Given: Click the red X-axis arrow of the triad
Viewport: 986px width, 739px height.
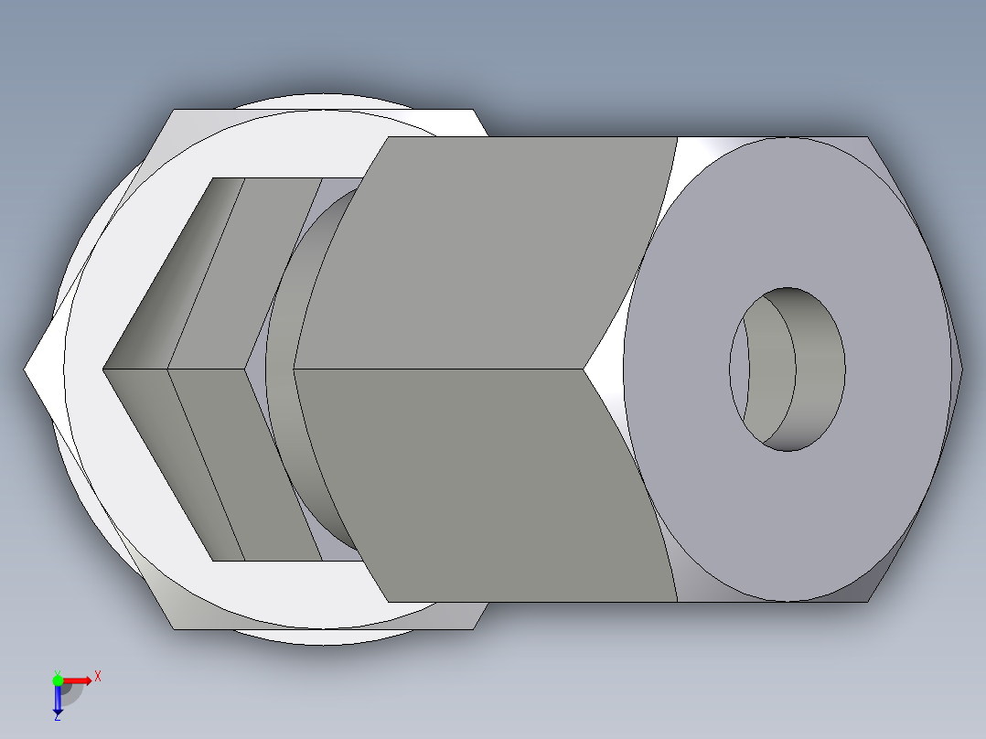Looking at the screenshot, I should tap(78, 680).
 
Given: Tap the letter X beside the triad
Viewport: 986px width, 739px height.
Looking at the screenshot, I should tap(97, 677).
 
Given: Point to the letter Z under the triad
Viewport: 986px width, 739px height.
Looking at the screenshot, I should tap(58, 717).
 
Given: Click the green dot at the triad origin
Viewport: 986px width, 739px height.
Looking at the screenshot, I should tap(58, 680).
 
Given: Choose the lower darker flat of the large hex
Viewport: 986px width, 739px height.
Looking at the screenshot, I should tap(485, 485).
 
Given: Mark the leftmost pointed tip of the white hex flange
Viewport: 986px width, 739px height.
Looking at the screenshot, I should tap(27, 369).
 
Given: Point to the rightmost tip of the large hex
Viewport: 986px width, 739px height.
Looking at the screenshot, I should tap(962, 369).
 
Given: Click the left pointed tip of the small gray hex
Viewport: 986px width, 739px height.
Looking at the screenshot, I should tap(104, 369).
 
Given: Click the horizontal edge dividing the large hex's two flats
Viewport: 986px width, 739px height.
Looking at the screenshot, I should tap(439, 369).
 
